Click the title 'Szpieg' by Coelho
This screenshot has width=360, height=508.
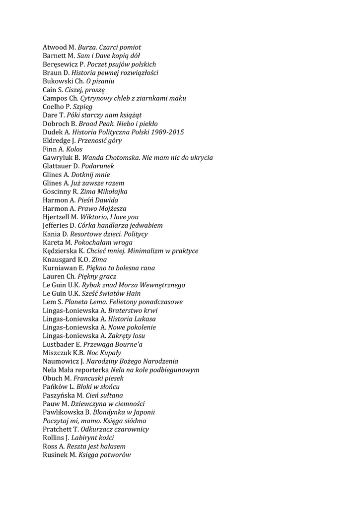[x=82, y=107]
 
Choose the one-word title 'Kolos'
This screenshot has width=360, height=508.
[x=74, y=149]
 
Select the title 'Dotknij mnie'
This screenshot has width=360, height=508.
[x=90, y=175]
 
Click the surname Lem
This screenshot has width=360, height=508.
[x=50, y=302]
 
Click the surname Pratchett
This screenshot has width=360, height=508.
[x=57, y=429]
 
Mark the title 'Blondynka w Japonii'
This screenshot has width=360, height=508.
[x=124, y=412]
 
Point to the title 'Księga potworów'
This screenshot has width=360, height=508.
[x=104, y=454]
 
